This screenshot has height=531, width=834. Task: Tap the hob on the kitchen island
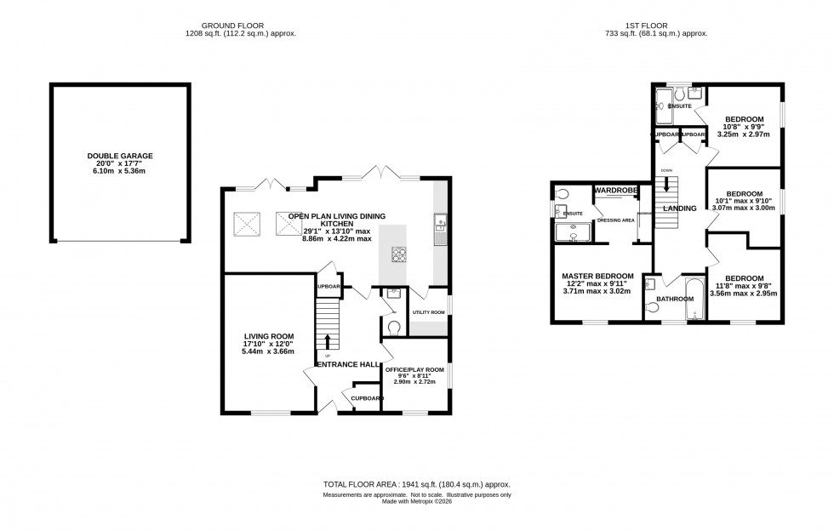399,253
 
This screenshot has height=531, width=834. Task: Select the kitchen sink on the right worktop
440,226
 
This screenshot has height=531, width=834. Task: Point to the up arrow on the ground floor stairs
328,342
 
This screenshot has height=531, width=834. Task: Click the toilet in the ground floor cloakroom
393,326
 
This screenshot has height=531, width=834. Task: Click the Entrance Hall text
347,364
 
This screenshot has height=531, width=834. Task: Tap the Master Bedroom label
597,277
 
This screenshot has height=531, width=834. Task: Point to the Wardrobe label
616,190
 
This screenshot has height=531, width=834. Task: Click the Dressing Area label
615,220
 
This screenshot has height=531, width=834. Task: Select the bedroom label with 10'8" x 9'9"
744,120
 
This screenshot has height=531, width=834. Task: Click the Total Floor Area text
416,484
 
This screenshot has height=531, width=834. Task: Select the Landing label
680,208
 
